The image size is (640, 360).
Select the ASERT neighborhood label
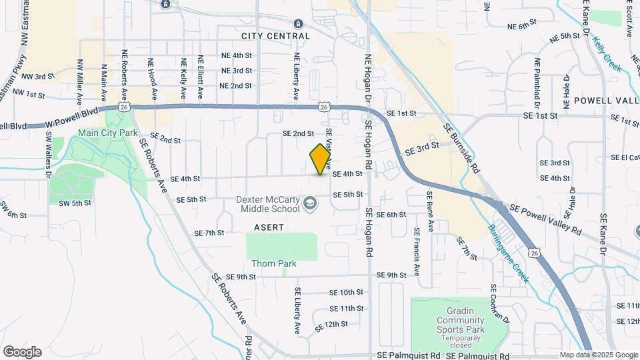pyautogui.click(x=269, y=227)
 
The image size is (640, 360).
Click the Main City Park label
pyautogui.click(x=107, y=133)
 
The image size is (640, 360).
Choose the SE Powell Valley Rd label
pyautogui.click(x=545, y=219)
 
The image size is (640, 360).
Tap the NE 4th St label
pyautogui.click(x=236, y=56)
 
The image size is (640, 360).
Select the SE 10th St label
pyautogui.click(x=347, y=292)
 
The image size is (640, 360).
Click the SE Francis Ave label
pyautogui.click(x=416, y=252)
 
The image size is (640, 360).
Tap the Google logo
pyautogui.click(x=22, y=352)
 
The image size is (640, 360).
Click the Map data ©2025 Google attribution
pyautogui.click(x=598, y=355)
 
